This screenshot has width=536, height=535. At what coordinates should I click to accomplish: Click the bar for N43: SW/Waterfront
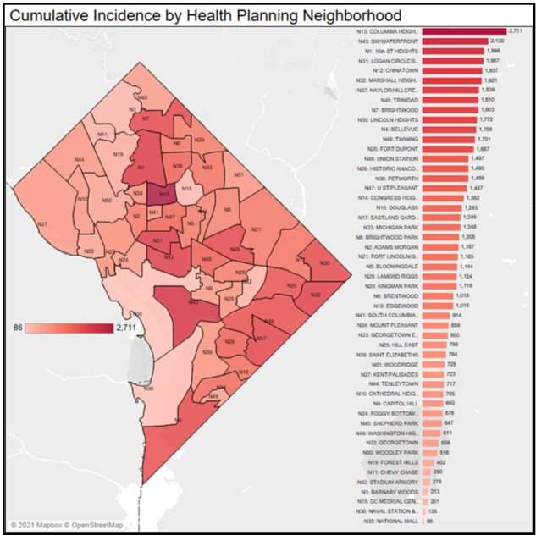tap(454, 41)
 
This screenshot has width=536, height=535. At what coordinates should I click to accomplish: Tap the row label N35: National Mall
tap(391, 522)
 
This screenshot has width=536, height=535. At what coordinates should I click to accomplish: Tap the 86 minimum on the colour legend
tap(18, 327)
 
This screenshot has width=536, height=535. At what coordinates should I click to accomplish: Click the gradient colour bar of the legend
tap(69, 327)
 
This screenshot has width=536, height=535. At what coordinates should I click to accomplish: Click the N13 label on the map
tap(164, 195)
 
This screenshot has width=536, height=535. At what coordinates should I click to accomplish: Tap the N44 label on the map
tap(79, 159)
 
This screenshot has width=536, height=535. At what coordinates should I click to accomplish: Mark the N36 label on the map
tap(148, 389)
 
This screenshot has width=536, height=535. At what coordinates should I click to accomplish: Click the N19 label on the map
tap(119, 154)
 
